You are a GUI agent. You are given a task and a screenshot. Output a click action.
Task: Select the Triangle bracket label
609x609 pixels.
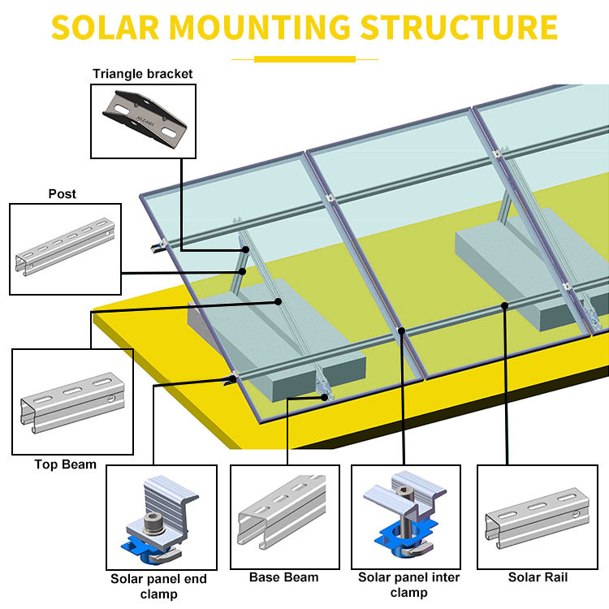pyautogui.click(x=142, y=74)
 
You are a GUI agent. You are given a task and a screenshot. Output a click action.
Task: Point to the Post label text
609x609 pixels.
pyautogui.click(x=63, y=194)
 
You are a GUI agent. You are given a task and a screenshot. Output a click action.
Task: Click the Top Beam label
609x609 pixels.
pyautogui.click(x=65, y=464)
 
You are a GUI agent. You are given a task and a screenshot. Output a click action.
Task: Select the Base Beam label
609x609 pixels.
pyautogui.click(x=283, y=577)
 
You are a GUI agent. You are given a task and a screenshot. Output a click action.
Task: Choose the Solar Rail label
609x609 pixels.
pyautogui.click(x=538, y=577)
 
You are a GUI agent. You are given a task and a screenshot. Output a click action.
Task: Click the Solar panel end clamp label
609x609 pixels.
pyautogui.click(x=159, y=585)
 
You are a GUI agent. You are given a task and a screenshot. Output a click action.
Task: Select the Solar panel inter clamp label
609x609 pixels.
pyautogui.click(x=409, y=585)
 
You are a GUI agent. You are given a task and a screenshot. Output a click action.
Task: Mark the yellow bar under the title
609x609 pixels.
pyautogui.click(x=304, y=58)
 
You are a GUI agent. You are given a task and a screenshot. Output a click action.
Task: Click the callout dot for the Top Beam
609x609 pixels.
pyautogui.click(x=278, y=301)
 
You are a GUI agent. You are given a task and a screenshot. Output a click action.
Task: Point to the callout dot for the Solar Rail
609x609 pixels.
pyautogui.click(x=505, y=305)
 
